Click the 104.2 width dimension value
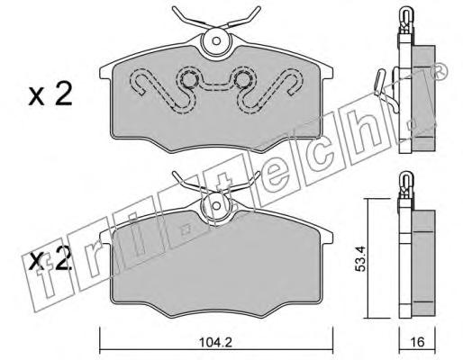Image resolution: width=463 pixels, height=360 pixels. (x=215, y=342)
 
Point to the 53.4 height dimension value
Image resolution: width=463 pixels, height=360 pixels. (x=359, y=258)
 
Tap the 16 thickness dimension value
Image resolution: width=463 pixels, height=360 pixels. (x=417, y=342)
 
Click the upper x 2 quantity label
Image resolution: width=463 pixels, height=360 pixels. (x=50, y=94)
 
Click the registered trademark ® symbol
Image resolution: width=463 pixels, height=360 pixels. (x=439, y=72)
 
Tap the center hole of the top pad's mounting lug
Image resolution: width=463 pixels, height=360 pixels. (x=216, y=40)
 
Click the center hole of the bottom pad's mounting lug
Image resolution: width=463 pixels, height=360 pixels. (x=216, y=205)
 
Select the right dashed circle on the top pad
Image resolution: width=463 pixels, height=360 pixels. (x=242, y=79)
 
